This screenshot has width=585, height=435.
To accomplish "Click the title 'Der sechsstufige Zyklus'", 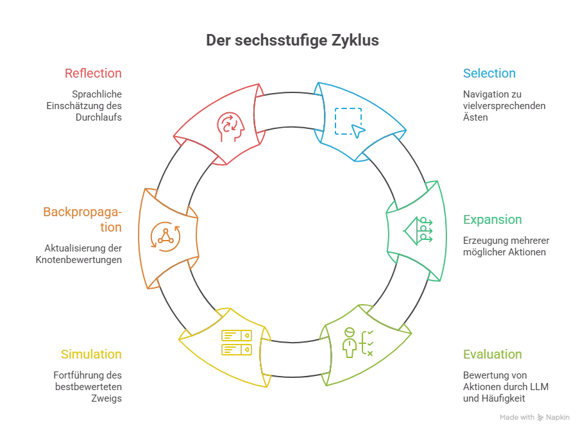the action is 292,40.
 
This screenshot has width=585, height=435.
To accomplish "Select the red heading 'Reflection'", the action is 93,73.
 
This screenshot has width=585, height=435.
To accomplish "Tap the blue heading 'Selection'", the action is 489,73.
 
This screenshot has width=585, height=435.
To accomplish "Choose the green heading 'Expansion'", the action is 493,219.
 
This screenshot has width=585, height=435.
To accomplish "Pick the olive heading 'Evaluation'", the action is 493,354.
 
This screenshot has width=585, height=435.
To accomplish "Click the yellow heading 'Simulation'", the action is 91,354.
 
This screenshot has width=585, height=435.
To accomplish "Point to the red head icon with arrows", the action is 230,127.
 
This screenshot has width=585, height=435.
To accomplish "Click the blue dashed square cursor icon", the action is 350,123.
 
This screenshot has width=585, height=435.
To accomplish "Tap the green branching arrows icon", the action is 418,230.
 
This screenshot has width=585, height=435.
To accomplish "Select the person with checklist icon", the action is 358,343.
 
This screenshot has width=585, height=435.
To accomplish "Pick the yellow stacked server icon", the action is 237,343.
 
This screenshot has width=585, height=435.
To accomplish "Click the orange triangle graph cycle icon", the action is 165,237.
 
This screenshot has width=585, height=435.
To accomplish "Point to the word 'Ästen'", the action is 475,117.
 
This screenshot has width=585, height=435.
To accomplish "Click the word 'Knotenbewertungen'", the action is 79,260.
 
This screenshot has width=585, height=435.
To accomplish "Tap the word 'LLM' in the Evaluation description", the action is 539,386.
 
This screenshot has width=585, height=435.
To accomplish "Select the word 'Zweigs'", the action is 106,398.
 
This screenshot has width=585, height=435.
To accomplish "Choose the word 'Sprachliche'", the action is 97,94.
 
